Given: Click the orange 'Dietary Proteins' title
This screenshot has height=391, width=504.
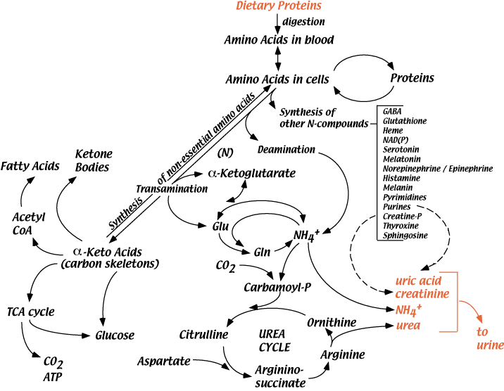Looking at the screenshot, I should coord(282,8).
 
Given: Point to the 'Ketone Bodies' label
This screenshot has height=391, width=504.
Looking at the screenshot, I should coord(94,160).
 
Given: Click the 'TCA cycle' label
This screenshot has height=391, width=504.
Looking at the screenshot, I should coord(30,311).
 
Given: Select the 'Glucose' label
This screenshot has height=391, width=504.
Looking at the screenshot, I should coord(115,335).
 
